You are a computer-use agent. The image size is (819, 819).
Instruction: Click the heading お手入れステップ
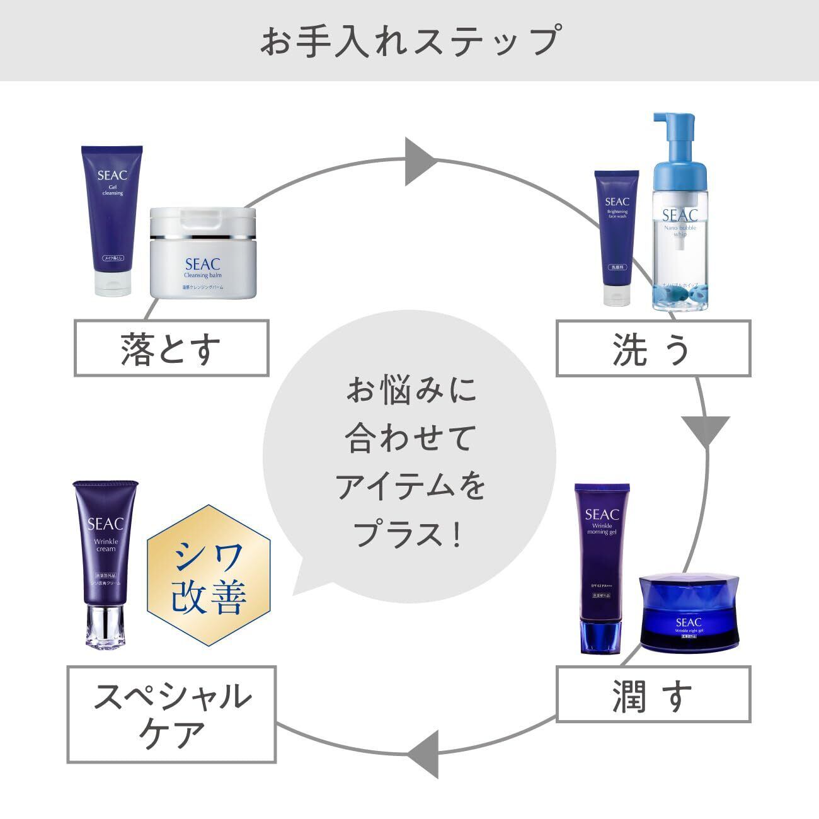coord(409,40)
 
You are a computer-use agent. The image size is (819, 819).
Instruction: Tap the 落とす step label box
coord(171,348)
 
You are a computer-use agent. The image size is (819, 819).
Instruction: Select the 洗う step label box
coord(653,348)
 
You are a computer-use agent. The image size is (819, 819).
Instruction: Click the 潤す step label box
coord(653,694)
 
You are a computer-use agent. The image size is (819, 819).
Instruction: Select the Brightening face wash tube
coord(617,233)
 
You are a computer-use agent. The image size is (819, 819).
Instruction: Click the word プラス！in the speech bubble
coord(409,534)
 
